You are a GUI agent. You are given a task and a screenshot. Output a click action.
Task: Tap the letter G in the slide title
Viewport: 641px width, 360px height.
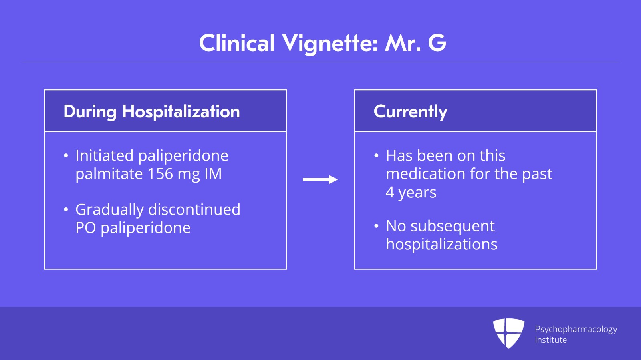tap(437, 43)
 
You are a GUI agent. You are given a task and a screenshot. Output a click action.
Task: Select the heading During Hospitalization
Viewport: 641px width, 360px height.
tap(151, 111)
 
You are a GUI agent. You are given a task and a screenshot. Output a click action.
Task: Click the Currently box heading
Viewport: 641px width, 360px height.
tap(410, 111)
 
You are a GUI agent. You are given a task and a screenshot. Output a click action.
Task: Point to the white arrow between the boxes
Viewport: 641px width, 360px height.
tap(320, 179)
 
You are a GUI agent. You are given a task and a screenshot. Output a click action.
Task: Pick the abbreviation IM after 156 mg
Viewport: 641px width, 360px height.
tap(213, 174)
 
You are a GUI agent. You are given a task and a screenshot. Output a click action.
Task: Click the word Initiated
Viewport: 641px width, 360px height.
tap(104, 155)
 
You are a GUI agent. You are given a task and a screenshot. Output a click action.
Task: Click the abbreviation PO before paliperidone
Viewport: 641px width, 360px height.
tap(85, 228)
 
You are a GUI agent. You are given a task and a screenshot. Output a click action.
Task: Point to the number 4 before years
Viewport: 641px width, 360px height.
tap(390, 192)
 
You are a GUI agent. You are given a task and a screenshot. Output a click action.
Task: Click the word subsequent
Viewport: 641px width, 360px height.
tap(452, 226)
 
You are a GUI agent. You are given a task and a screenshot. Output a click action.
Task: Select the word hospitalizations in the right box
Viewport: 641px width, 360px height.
tap(441, 244)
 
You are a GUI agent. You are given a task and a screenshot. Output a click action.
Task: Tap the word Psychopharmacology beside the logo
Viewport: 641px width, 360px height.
tap(576, 329)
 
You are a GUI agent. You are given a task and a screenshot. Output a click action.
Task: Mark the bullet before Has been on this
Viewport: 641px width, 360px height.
tap(376, 156)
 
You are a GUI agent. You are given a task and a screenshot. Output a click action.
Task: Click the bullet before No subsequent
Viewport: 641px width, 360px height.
tap(376, 226)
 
